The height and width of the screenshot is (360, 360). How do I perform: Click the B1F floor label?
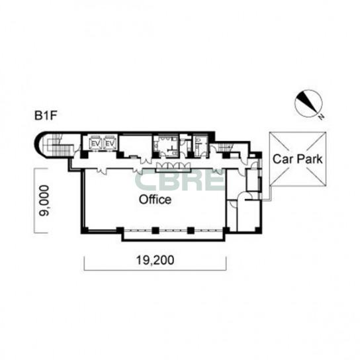(x=45, y=116)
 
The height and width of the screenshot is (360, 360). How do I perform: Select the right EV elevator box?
(x=110, y=143)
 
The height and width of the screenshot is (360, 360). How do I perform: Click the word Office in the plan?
(x=156, y=199)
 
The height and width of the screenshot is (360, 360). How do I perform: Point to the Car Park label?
(x=298, y=159)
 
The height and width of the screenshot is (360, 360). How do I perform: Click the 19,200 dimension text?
(x=156, y=260)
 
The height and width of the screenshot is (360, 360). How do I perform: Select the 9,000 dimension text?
(x=44, y=201)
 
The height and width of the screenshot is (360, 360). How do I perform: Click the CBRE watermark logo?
(x=180, y=180)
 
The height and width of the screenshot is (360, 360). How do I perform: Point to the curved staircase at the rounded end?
(x=58, y=145)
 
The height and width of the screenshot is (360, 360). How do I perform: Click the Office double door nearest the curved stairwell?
(x=101, y=170)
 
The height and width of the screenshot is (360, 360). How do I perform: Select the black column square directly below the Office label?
(x=156, y=230)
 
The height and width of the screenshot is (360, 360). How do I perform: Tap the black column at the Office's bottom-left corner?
(x=85, y=230)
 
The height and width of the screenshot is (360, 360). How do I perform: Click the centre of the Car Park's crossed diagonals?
(x=298, y=159)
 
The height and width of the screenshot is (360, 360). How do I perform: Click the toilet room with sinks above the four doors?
(x=166, y=146)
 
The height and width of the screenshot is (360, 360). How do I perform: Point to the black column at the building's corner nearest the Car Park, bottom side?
(x=257, y=230)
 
